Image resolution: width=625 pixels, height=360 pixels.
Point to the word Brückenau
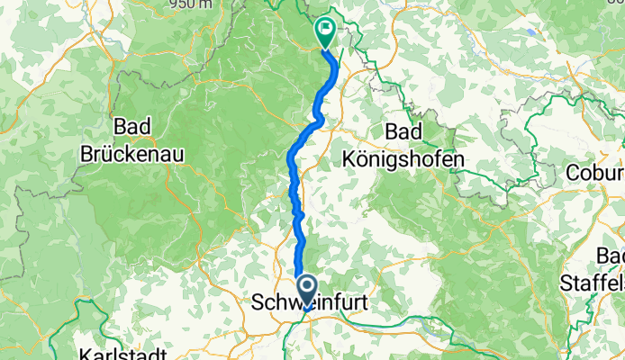(132, 154)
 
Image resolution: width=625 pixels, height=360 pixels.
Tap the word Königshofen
(404, 159)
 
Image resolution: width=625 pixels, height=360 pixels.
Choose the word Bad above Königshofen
(404, 131)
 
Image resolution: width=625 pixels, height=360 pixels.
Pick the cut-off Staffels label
(592, 282)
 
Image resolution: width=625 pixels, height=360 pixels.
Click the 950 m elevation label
(190, 4)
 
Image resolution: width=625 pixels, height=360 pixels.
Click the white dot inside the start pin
(307, 286)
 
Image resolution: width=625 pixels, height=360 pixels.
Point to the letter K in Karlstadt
(86, 352)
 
